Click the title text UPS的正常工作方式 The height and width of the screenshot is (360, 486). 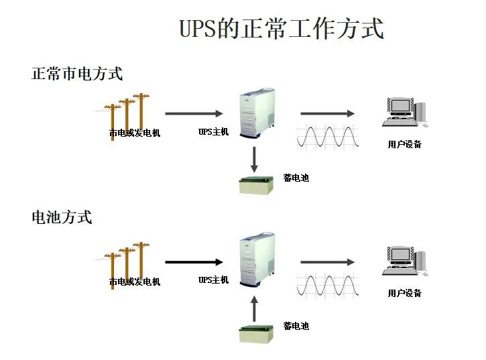[282, 29]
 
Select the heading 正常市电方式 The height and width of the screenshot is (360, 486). [77, 73]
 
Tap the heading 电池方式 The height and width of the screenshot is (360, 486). [62, 217]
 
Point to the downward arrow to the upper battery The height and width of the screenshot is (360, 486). [254, 158]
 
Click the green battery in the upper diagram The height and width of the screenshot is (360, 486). [257, 185]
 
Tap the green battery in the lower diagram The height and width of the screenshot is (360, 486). [257, 333]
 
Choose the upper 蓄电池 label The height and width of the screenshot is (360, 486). [296, 178]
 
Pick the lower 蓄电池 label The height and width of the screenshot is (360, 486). [296, 326]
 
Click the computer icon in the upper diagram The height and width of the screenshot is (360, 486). [405, 112]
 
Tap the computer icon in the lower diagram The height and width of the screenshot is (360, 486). [405, 261]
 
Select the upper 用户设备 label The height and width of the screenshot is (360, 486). [404, 144]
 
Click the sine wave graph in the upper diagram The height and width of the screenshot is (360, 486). [328, 135]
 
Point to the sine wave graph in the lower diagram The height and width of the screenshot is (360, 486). [328, 285]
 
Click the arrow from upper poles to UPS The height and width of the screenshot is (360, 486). [194, 113]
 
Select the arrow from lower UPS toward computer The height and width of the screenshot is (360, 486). [327, 262]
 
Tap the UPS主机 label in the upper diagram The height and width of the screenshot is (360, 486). [213, 132]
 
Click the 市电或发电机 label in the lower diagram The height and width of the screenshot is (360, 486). [135, 282]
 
